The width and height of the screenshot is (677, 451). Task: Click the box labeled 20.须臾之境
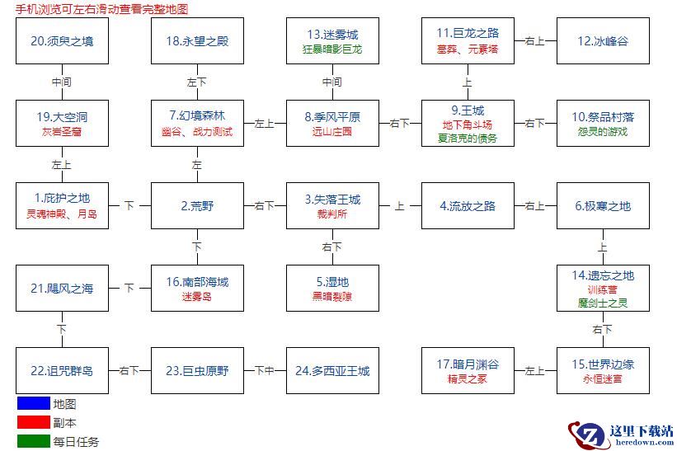[62, 41]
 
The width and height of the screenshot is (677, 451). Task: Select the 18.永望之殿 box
[197, 41]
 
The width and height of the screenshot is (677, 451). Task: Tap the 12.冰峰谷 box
[603, 41]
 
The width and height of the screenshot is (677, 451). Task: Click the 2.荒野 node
[197, 206]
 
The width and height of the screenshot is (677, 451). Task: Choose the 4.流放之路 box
[468, 206]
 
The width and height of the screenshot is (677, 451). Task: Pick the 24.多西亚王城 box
[332, 371]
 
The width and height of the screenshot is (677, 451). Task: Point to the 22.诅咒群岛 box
[62, 371]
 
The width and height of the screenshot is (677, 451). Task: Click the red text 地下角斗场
[468, 124]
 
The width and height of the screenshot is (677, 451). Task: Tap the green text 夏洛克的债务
[468, 138]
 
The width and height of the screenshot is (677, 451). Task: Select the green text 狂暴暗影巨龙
[332, 49]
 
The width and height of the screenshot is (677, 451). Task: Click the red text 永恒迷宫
[603, 378]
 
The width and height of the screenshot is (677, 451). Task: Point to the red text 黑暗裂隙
[332, 296]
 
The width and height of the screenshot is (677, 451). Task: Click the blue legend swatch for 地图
[33, 404]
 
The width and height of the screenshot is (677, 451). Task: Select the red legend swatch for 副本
[33, 422]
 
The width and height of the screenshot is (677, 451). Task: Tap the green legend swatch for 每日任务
[33, 441]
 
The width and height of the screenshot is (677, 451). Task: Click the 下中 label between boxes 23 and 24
[265, 370]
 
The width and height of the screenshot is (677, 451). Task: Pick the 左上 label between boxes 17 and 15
[535, 370]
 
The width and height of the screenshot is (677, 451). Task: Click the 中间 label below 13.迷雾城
[332, 82]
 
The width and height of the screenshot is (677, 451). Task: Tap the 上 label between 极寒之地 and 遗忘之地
[603, 247]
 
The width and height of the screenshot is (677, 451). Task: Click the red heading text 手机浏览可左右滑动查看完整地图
[101, 8]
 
